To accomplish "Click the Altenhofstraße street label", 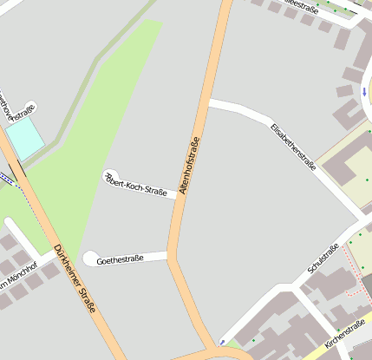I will click(189, 164).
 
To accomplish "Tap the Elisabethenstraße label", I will click(293, 147).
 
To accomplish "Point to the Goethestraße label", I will click(120, 259).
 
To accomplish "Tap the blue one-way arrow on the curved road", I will click(365, 90).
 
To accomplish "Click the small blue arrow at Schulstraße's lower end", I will click(223, 343).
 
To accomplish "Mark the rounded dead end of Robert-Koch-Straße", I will click(111, 176).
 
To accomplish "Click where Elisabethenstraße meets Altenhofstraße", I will click(209, 103).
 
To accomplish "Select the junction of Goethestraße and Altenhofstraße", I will click(170, 255).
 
